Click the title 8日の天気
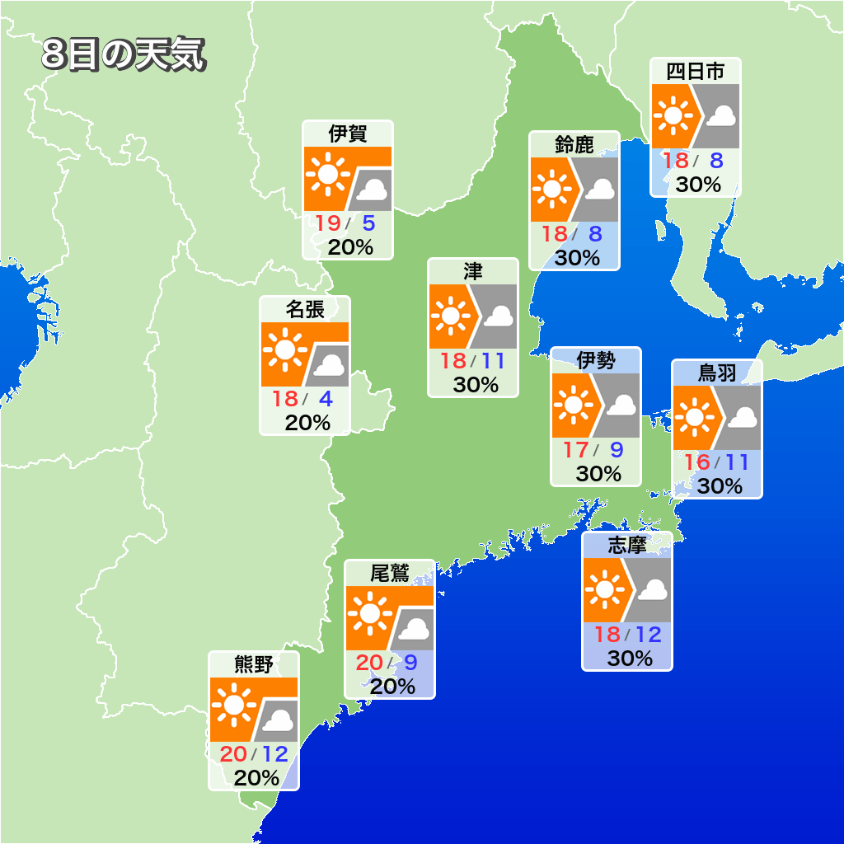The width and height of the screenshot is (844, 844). point(123,56)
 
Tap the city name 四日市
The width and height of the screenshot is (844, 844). point(695,72)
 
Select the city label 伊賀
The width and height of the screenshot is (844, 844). point(347,134)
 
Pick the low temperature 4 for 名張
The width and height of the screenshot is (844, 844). point(326,399)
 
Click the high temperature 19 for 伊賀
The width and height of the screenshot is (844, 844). point(328,223)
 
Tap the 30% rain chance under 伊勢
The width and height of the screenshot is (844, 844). point(598,474)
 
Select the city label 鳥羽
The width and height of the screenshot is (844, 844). point(716,373)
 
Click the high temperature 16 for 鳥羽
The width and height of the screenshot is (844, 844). point(696,462)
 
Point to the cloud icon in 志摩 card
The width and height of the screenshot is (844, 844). point(654,590)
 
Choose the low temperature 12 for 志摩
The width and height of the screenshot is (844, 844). point(648,635)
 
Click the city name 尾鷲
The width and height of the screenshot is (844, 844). point(389,573)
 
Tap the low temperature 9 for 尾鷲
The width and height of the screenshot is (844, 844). point(410,662)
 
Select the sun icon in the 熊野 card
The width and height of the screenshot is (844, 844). point(233,706)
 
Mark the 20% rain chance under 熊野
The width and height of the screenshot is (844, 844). point(256,777)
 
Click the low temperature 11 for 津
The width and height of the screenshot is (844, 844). point(493,361)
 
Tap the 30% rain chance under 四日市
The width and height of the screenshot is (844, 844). point(698,185)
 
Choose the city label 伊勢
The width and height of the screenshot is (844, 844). point(596,360)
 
